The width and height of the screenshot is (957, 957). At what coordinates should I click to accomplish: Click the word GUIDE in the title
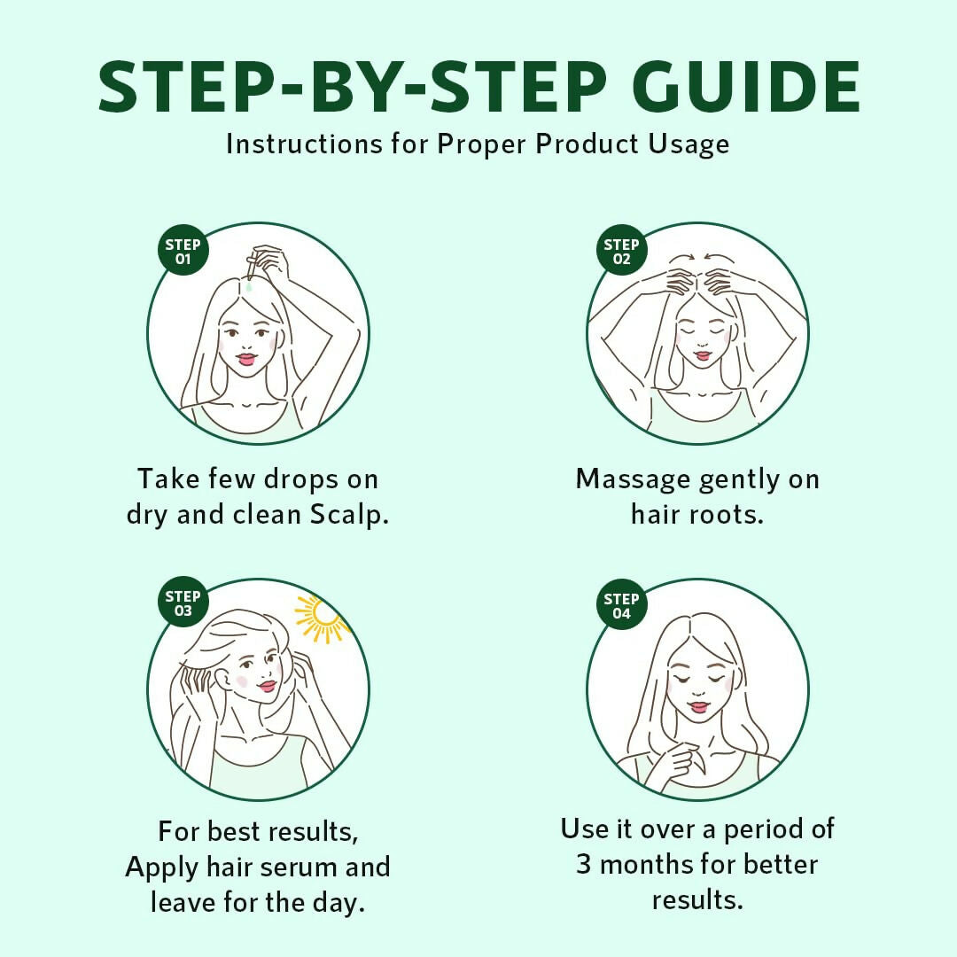click(x=745, y=86)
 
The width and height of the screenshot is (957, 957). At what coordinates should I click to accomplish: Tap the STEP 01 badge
click(x=183, y=251)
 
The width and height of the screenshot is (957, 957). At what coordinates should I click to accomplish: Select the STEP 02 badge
click(x=621, y=251)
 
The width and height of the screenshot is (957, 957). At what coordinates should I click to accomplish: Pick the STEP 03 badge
click(x=183, y=603)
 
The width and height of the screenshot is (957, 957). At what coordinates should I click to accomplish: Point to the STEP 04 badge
click(x=621, y=605)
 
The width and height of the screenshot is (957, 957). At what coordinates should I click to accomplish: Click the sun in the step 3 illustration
click(x=323, y=619)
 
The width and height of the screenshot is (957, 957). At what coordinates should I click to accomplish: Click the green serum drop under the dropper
click(x=249, y=286)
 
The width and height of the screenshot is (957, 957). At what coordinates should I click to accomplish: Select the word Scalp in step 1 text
click(x=349, y=515)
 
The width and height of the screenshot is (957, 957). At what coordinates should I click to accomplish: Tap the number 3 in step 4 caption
click(x=583, y=864)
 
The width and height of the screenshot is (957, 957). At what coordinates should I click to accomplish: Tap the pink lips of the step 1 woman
click(x=246, y=359)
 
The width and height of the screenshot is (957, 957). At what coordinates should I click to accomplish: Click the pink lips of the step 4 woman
click(x=699, y=707)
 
